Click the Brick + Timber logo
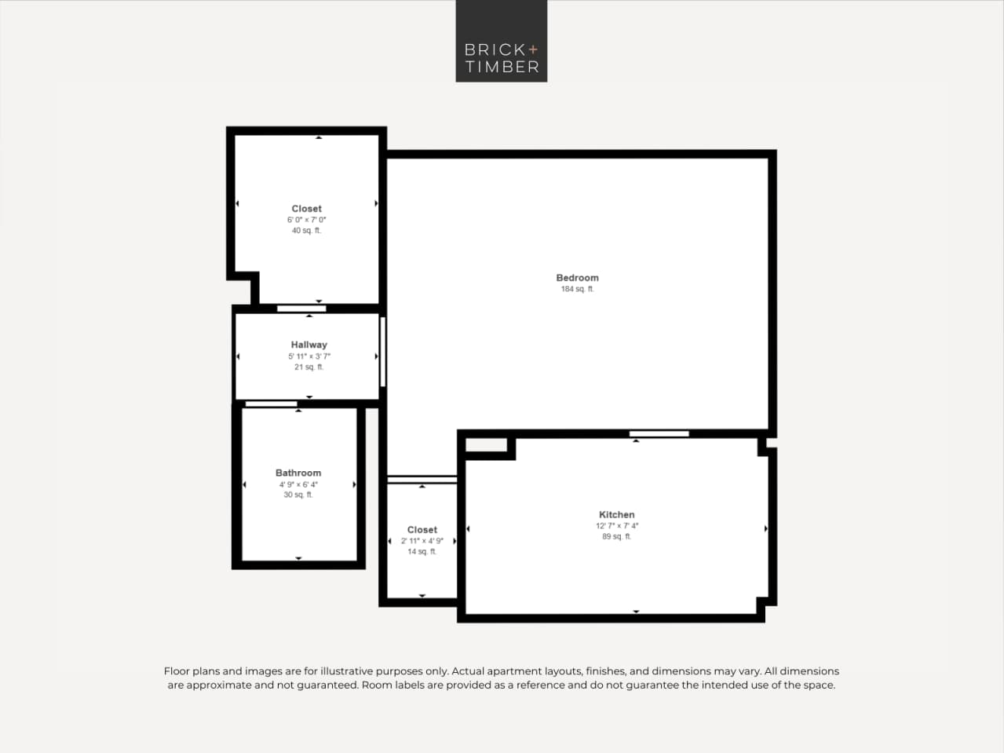501,41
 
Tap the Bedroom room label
577,278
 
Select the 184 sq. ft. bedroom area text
577,290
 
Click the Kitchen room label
616,515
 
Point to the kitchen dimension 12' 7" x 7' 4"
616,526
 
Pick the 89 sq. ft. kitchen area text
616,537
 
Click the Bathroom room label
298,473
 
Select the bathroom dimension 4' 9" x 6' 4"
298,484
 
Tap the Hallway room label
309,345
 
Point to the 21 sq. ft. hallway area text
309,367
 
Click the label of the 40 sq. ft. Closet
306,209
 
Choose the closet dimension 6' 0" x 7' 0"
306,220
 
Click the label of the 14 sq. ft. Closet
422,530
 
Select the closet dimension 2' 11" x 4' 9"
422,541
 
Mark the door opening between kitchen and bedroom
659,433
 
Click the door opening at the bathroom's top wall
271,404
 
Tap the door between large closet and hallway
301,309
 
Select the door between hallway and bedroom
383,351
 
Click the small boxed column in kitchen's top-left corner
487,445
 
